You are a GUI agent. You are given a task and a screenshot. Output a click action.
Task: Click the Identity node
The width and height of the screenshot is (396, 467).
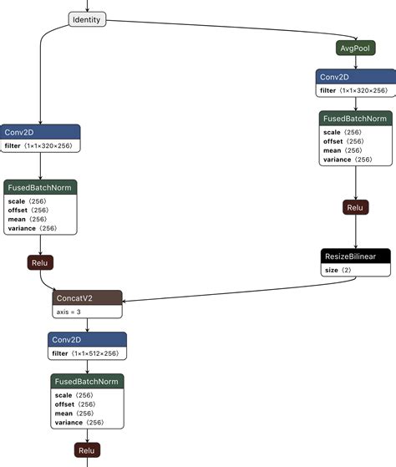[87, 19]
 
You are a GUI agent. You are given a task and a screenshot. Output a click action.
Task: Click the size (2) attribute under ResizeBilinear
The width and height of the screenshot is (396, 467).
[339, 271]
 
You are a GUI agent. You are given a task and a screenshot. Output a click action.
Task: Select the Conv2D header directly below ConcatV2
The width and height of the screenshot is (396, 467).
[87, 339]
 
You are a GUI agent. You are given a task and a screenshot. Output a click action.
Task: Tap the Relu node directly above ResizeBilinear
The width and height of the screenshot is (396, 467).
[355, 207]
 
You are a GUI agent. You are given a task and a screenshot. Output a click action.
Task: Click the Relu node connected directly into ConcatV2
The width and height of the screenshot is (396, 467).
[39, 263]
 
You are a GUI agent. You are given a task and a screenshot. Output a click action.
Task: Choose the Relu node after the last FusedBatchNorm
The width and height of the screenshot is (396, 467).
[87, 451]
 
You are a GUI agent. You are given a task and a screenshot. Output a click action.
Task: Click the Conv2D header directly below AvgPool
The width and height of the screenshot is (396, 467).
[355, 76]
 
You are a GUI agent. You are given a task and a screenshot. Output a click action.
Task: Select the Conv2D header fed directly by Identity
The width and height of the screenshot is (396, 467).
[39, 132]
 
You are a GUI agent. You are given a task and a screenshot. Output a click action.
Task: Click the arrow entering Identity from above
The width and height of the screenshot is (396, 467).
[87, 5]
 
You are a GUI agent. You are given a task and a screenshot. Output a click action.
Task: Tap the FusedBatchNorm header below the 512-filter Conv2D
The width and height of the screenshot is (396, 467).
[87, 381]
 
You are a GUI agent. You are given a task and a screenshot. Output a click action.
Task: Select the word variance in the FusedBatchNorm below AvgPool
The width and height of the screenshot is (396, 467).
[338, 159]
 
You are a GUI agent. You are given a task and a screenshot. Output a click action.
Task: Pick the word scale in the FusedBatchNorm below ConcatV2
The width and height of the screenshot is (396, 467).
[63, 394]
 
